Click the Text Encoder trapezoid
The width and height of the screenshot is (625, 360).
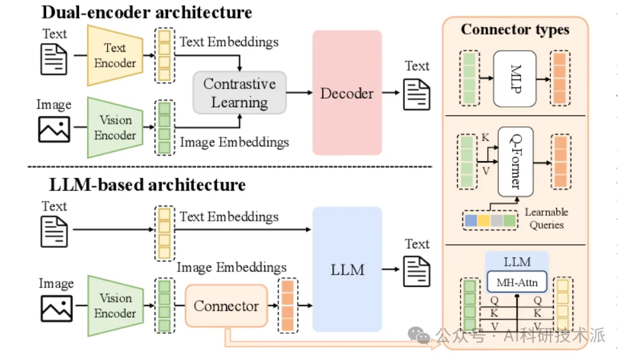click(x=115, y=55)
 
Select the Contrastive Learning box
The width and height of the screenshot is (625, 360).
click(x=239, y=93)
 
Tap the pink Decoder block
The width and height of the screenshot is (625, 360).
click(x=347, y=93)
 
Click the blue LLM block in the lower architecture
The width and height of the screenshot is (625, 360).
click(x=347, y=270)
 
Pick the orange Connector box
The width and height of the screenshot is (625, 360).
click(x=226, y=306)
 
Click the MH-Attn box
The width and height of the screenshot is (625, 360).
click(x=517, y=281)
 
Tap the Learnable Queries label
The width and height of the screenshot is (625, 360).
click(x=546, y=218)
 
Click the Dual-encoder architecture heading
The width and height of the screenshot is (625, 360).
click(x=146, y=12)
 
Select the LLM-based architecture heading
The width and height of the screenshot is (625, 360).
click(x=148, y=185)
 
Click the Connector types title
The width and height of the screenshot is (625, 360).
click(x=515, y=30)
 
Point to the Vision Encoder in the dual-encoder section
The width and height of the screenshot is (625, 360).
click(x=115, y=128)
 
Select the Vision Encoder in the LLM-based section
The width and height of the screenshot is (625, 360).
click(x=115, y=305)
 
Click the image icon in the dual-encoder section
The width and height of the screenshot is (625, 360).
click(x=54, y=130)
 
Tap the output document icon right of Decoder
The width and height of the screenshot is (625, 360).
click(x=416, y=94)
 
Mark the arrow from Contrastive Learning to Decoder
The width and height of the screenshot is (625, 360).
click(x=298, y=93)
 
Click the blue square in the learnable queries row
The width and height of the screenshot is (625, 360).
click(x=470, y=221)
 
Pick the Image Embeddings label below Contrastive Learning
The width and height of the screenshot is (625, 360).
click(x=234, y=142)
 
